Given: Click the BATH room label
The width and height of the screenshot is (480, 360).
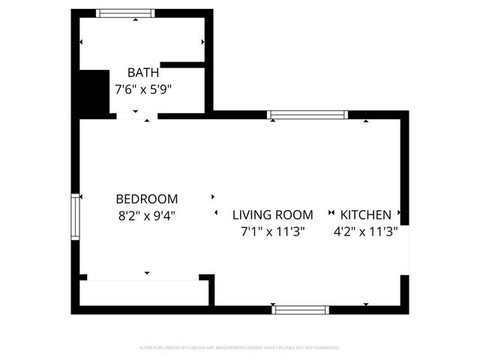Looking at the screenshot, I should click(142, 73).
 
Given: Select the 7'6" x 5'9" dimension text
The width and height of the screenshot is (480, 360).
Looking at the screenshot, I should click(142, 89).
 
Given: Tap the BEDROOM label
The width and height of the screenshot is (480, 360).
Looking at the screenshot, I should click(147, 199).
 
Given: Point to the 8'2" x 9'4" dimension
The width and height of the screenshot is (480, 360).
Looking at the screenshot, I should click(147, 215).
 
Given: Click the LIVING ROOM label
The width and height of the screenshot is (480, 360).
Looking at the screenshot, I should click(272, 214).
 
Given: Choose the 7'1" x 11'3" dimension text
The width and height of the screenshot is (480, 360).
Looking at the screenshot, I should click(272, 232).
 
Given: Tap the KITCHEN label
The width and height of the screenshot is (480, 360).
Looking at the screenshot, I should click(366, 214).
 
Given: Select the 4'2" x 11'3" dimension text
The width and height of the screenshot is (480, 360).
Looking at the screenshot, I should click(366, 232).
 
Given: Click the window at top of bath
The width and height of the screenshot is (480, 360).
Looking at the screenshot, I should click(126, 13).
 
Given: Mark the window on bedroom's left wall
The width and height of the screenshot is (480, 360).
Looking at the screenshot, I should click(75, 217).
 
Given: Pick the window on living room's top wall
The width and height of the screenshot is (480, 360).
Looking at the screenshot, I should click(307, 115).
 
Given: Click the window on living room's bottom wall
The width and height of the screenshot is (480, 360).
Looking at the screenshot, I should click(301, 309).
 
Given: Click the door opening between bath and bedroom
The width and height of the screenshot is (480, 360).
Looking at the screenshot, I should click(136, 116).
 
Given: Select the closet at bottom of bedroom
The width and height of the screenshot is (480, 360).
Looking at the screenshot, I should click(142, 292).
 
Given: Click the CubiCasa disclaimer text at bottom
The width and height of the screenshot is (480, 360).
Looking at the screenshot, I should click(240, 348).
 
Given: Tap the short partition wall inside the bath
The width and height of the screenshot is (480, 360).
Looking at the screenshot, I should click(182, 65).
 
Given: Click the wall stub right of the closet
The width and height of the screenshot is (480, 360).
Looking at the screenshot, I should click(212, 289).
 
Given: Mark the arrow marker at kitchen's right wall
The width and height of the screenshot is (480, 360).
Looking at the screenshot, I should click(400, 213).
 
